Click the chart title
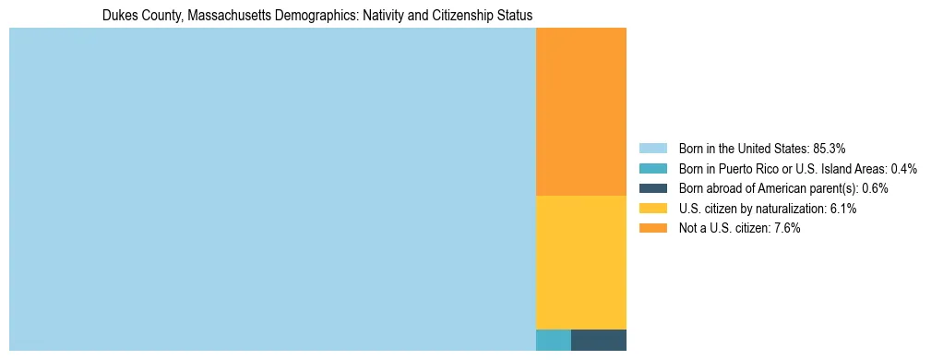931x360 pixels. (x=316, y=16)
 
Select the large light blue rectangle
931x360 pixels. (x=272, y=189)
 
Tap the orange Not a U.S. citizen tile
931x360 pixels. (x=580, y=112)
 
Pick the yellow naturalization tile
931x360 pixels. (x=580, y=262)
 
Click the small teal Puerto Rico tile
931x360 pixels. (x=553, y=340)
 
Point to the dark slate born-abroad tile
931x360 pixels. (x=598, y=340)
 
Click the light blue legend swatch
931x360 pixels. (x=652, y=149)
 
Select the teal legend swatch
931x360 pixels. (x=652, y=169)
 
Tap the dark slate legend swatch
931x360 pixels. (x=652, y=188)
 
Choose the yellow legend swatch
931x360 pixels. (x=652, y=209)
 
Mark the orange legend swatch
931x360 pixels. (x=652, y=229)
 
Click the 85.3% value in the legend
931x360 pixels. (x=829, y=149)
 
